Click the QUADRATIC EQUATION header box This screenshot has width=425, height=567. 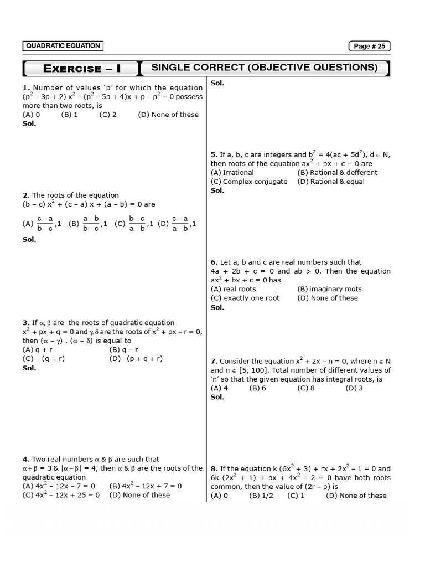click(x=63, y=46)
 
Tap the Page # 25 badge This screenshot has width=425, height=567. click(x=369, y=47)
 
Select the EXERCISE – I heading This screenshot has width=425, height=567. click(x=82, y=69)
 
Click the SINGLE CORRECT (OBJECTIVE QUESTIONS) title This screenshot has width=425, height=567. click(x=265, y=68)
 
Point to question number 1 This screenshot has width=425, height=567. click(x=25, y=87)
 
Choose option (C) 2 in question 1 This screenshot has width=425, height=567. click(x=108, y=115)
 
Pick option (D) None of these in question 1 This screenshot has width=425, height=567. click(x=168, y=115)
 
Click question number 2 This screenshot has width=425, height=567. click(x=25, y=195)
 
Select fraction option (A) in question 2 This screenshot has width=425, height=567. click(x=42, y=224)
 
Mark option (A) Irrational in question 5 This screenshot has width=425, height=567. click(x=232, y=172)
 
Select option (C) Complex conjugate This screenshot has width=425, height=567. click(x=249, y=181)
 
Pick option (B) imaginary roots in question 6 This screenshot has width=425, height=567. click(x=329, y=288)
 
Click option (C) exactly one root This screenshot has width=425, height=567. click(x=245, y=297)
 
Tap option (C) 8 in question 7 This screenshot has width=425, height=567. click(x=306, y=388)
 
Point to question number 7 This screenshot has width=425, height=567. click(x=214, y=361)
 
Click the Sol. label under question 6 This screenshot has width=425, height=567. click(x=217, y=307)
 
